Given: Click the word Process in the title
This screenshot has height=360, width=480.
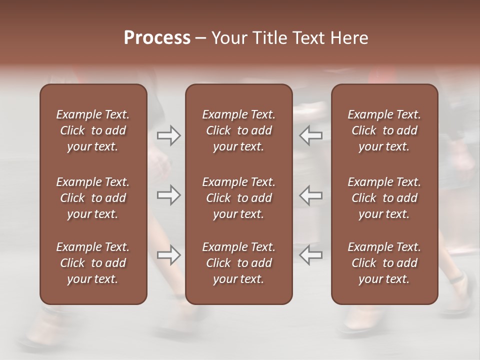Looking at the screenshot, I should click(x=157, y=38).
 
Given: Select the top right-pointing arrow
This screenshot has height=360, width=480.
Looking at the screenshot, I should click(x=169, y=135).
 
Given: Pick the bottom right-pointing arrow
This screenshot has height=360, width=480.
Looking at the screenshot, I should click(x=169, y=255).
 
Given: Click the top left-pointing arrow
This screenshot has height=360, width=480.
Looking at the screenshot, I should click(x=310, y=135).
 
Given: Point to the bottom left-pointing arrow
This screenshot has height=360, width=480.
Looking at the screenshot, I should click(x=310, y=255).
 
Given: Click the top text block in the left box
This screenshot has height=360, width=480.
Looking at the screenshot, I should click(x=93, y=130).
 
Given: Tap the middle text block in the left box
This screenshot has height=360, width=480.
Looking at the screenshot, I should click(x=93, y=198).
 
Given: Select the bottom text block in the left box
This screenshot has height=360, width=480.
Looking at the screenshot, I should click(x=93, y=263).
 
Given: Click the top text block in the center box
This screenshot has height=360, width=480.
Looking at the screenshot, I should click(x=238, y=130).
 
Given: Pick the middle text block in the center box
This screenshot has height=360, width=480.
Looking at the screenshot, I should click(x=238, y=198).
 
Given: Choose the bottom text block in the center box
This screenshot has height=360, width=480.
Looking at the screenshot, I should click(x=238, y=263).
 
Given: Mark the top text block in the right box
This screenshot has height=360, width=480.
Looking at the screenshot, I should click(x=384, y=130).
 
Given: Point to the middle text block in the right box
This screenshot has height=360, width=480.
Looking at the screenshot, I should click(x=384, y=198).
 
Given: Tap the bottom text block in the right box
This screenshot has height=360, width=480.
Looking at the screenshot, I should click(x=384, y=263).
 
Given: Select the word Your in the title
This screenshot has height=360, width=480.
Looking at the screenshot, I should click(x=229, y=38).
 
